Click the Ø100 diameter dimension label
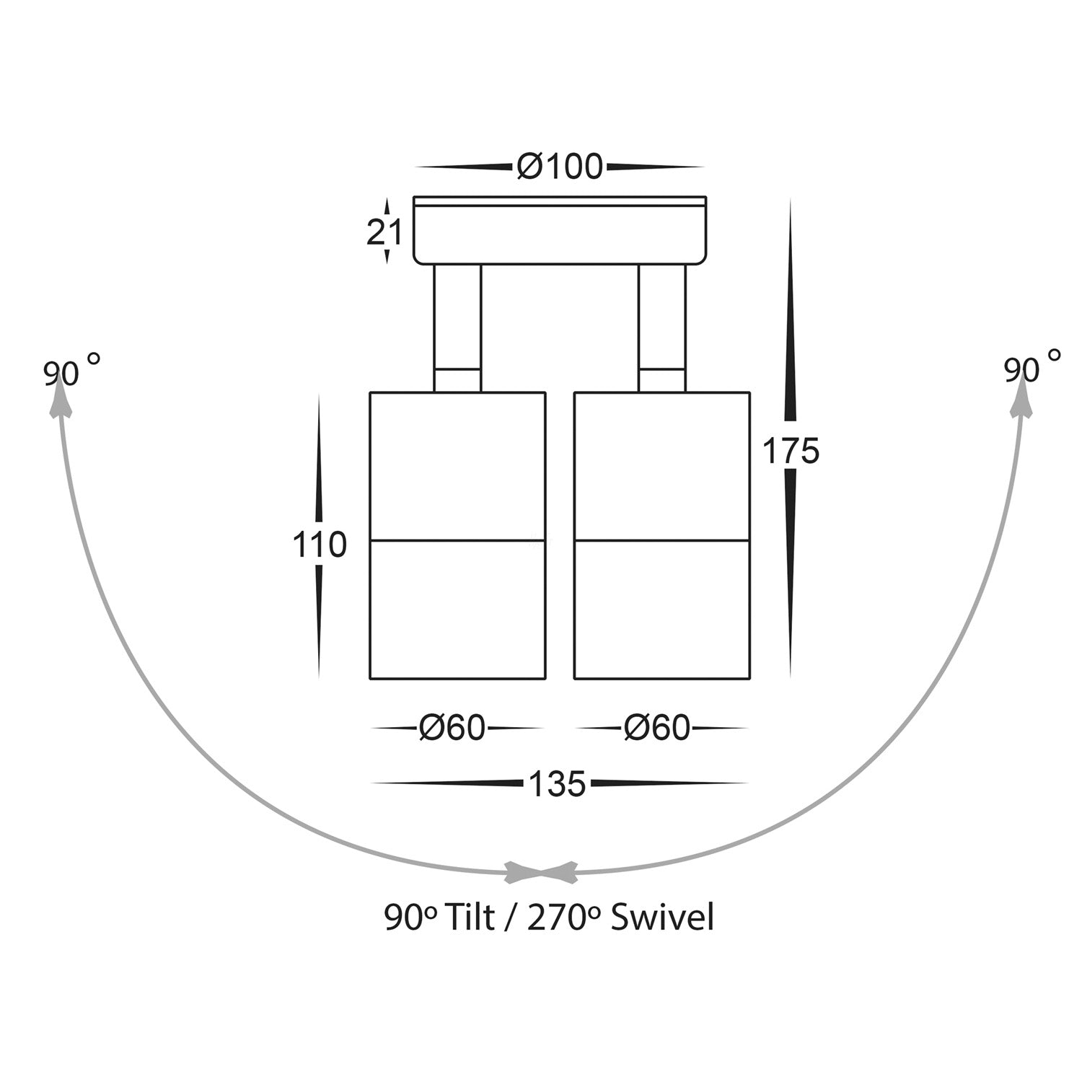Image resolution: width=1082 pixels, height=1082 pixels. (559, 167)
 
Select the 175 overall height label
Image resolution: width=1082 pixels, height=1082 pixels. (791, 452)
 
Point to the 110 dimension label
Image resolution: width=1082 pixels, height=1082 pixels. (320, 545)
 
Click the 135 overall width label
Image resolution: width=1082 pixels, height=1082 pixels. (557, 784)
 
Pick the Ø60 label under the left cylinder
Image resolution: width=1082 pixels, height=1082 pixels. (452, 728)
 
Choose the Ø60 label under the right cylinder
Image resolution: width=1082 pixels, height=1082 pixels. (657, 728)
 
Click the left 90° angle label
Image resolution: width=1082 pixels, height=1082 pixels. (71, 371)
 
